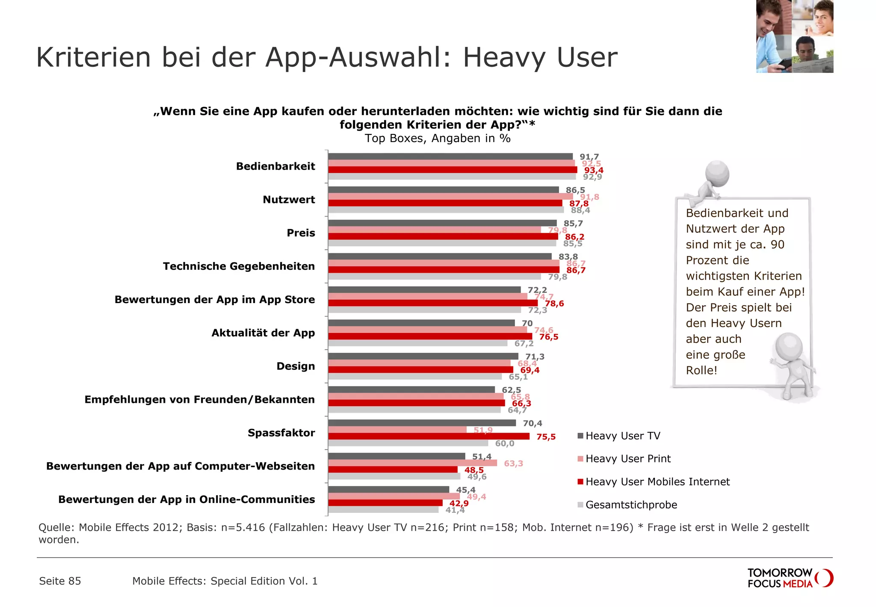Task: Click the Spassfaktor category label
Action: (x=281, y=433)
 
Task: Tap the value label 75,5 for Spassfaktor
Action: (x=546, y=437)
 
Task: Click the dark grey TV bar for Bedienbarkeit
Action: (x=450, y=157)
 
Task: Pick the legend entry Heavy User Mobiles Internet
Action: (x=657, y=482)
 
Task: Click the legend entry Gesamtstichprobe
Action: (x=631, y=505)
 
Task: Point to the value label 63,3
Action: (x=513, y=463)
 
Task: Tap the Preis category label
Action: (x=301, y=233)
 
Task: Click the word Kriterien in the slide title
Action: (x=94, y=57)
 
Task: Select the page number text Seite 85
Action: (x=60, y=581)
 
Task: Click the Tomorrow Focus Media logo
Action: (x=790, y=578)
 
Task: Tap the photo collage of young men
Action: (x=794, y=36)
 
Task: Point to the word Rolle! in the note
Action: (x=701, y=370)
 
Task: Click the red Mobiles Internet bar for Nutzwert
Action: (x=445, y=203)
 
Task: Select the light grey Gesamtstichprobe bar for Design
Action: (x=414, y=377)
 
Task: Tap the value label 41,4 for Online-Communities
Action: (x=455, y=510)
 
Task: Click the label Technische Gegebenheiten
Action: (x=239, y=266)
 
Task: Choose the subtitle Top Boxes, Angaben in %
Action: (x=437, y=138)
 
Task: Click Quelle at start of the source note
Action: (x=56, y=527)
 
